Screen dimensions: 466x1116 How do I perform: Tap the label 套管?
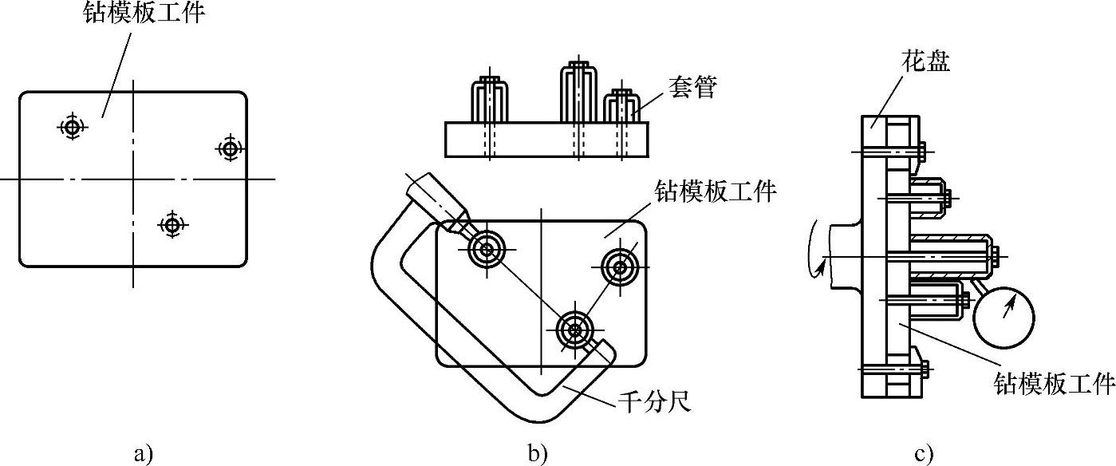[x=692, y=88]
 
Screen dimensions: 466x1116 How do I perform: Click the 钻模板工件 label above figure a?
[x=144, y=14]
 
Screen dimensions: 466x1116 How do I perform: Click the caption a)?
[x=142, y=454]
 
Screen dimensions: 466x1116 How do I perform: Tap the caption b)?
[x=538, y=454]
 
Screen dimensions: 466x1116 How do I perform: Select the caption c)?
[x=923, y=454]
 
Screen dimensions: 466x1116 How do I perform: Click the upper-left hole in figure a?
[x=72, y=126]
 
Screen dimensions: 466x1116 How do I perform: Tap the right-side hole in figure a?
[x=230, y=148]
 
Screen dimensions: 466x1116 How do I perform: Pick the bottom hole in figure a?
[x=172, y=224]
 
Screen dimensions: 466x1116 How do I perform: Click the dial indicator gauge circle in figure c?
[x=1004, y=317]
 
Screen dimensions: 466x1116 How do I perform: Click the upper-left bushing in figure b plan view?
[x=486, y=249]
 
